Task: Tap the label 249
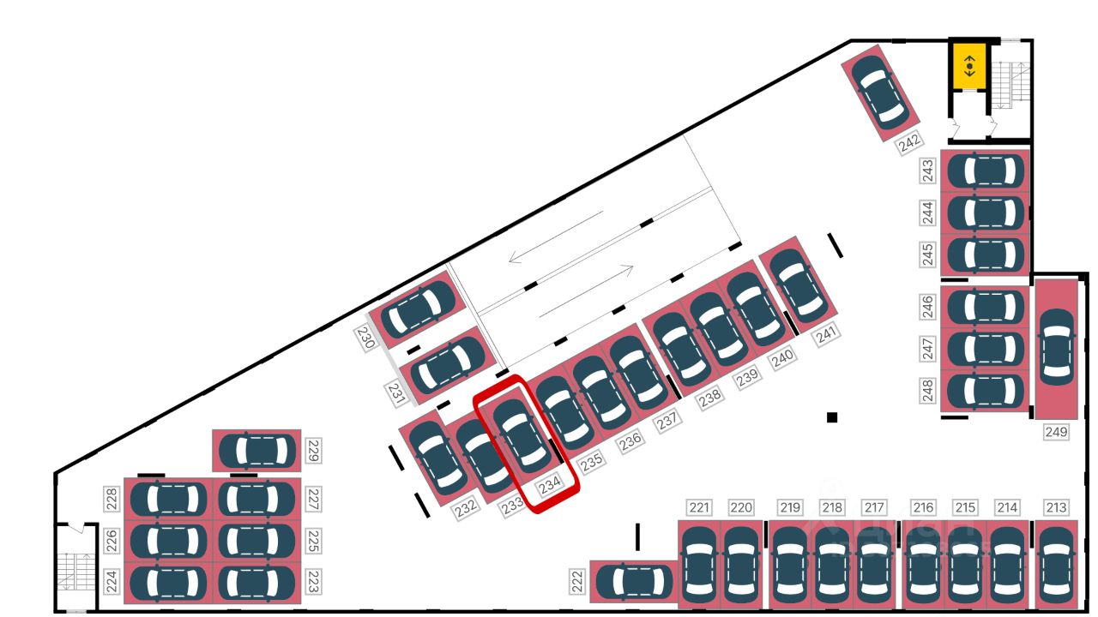click(x=1056, y=432)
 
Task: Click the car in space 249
click(x=1056, y=346)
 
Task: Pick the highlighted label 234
click(x=550, y=486)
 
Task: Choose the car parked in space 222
click(x=634, y=582)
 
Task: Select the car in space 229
click(x=256, y=451)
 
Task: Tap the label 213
click(x=1057, y=508)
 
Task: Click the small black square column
click(x=831, y=417)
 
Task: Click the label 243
click(x=927, y=171)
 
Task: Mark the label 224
click(x=111, y=581)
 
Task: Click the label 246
click(x=927, y=307)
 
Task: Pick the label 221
click(x=700, y=508)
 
